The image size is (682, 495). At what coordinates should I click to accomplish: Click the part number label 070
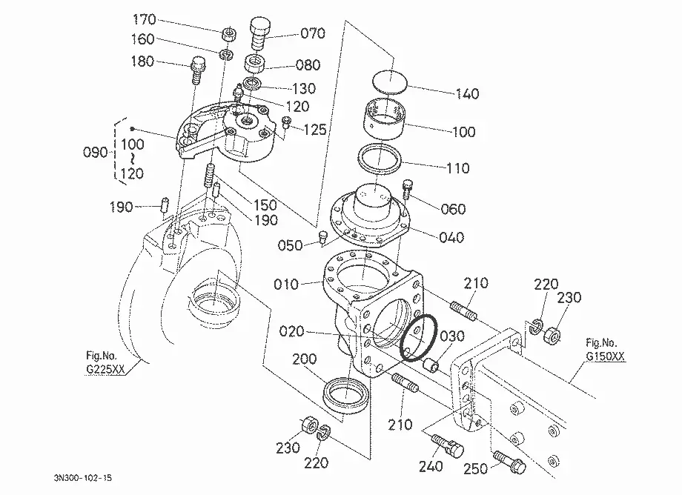click(x=313, y=33)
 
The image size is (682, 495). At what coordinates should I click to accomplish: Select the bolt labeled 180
click(x=197, y=70)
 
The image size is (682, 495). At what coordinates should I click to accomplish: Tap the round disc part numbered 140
click(x=390, y=81)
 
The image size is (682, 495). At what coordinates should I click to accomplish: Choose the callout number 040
click(x=451, y=238)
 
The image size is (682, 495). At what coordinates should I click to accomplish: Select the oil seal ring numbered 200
click(x=346, y=395)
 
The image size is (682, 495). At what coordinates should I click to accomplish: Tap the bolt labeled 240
click(x=448, y=446)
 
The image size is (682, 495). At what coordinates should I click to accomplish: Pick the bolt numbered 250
click(x=510, y=461)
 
